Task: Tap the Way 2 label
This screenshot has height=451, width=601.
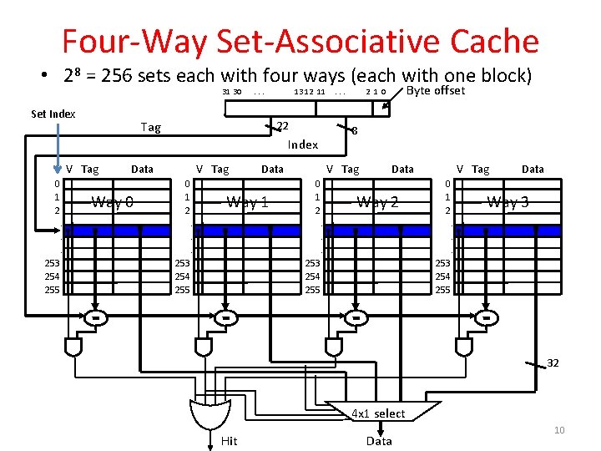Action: (x=377, y=201)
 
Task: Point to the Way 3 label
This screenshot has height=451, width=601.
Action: (x=508, y=201)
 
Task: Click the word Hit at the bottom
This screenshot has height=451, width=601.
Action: (x=229, y=441)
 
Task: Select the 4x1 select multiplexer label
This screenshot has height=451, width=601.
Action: (x=378, y=413)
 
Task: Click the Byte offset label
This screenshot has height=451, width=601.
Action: (x=436, y=90)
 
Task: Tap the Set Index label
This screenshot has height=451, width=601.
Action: (x=53, y=114)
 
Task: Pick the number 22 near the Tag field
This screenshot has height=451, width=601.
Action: (x=282, y=126)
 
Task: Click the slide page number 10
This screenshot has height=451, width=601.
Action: (x=559, y=430)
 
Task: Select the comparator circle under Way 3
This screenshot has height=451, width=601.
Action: (x=486, y=318)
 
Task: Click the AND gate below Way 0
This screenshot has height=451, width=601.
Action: (x=75, y=345)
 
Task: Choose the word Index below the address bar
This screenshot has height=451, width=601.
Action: (x=303, y=144)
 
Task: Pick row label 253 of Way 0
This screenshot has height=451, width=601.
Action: (x=53, y=263)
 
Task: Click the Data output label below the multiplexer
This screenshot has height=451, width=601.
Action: (x=379, y=441)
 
